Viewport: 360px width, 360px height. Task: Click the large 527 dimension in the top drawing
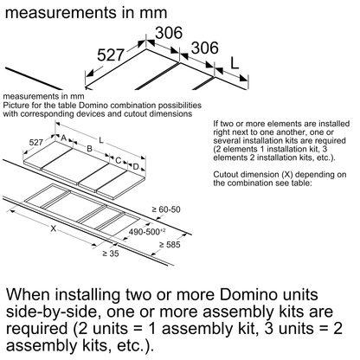coord(111,55)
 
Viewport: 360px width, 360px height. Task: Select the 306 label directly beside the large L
coord(205,48)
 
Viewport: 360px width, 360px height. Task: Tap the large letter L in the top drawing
coord(235,62)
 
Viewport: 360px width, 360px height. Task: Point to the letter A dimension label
coord(63,138)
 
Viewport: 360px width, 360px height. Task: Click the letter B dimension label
coord(89,149)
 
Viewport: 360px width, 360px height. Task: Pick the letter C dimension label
coord(119,160)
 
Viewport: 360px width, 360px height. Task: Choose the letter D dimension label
coord(136,167)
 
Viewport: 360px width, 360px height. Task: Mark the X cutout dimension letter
coord(54,228)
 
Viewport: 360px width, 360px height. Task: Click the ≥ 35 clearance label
coord(111,254)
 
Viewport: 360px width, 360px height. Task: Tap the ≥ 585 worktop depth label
coord(170,245)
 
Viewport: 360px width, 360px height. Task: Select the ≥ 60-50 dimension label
coord(166,209)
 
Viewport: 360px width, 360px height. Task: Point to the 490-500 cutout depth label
coord(147,232)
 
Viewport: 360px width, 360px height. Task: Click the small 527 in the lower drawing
coord(36,142)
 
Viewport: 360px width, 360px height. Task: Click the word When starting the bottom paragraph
coord(28,294)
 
